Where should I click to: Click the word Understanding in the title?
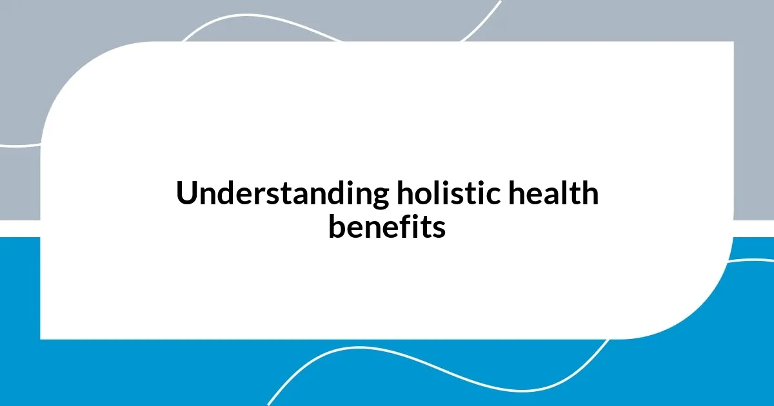tap(281, 194)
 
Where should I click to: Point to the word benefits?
tap(386, 226)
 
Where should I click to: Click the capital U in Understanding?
tap(187, 194)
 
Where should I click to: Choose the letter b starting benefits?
tap(337, 226)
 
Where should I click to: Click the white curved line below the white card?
tap(361, 351)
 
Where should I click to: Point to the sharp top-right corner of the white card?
tap(732, 43)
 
